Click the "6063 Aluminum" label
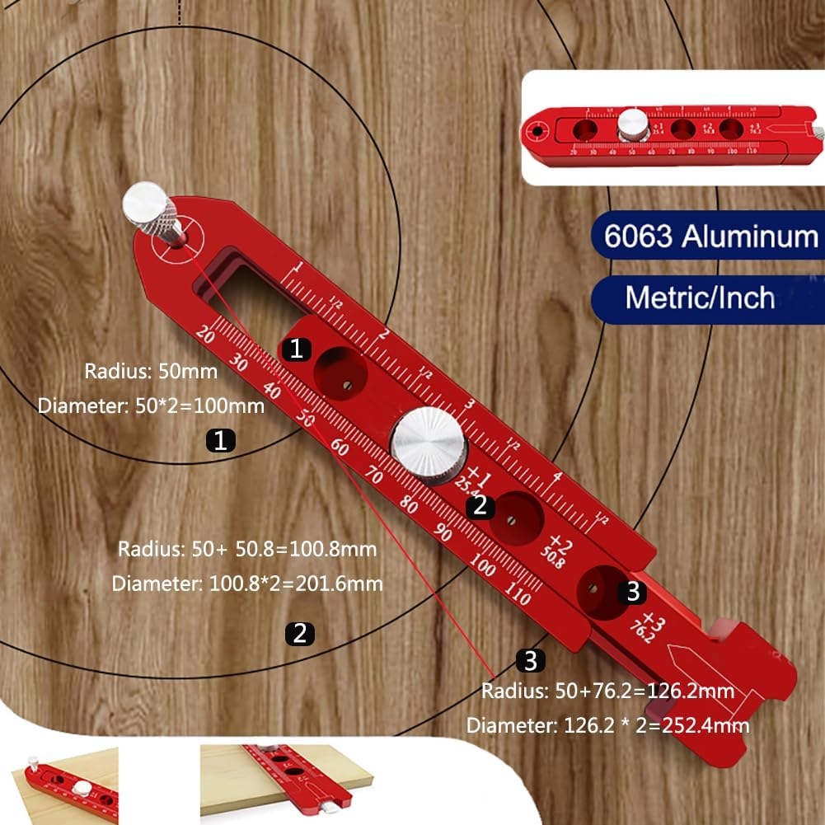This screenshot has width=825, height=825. (710, 237)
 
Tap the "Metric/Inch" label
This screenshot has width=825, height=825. (700, 296)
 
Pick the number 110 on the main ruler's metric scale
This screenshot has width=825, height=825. (518, 595)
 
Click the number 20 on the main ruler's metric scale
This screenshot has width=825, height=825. (207, 336)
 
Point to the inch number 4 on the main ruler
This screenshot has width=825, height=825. (557, 477)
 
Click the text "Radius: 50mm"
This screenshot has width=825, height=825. (151, 371)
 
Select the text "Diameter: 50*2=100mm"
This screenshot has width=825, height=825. (151, 405)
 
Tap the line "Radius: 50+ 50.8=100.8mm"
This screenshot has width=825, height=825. (247, 549)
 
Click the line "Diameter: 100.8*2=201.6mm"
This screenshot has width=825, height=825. (247, 584)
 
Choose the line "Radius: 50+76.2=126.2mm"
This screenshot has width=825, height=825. (608, 691)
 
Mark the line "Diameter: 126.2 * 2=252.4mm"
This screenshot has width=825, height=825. (608, 726)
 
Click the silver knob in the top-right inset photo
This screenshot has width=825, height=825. (630, 124)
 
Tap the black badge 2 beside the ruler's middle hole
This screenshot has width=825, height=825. (480, 506)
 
